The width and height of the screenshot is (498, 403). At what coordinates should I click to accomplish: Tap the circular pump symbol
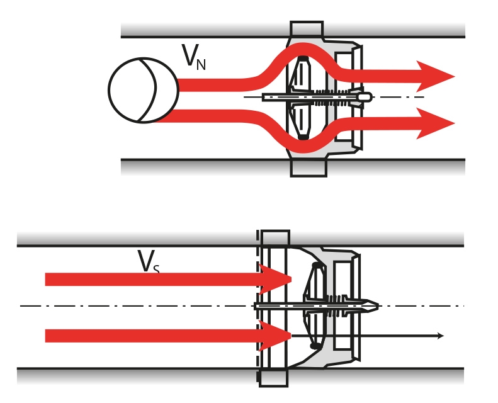click(x=143, y=90)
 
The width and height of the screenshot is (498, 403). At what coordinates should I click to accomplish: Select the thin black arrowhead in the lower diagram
click(x=440, y=336)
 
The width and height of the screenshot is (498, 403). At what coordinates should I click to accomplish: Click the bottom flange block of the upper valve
click(x=308, y=167)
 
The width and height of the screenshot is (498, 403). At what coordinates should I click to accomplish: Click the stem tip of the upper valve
click(x=365, y=96)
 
